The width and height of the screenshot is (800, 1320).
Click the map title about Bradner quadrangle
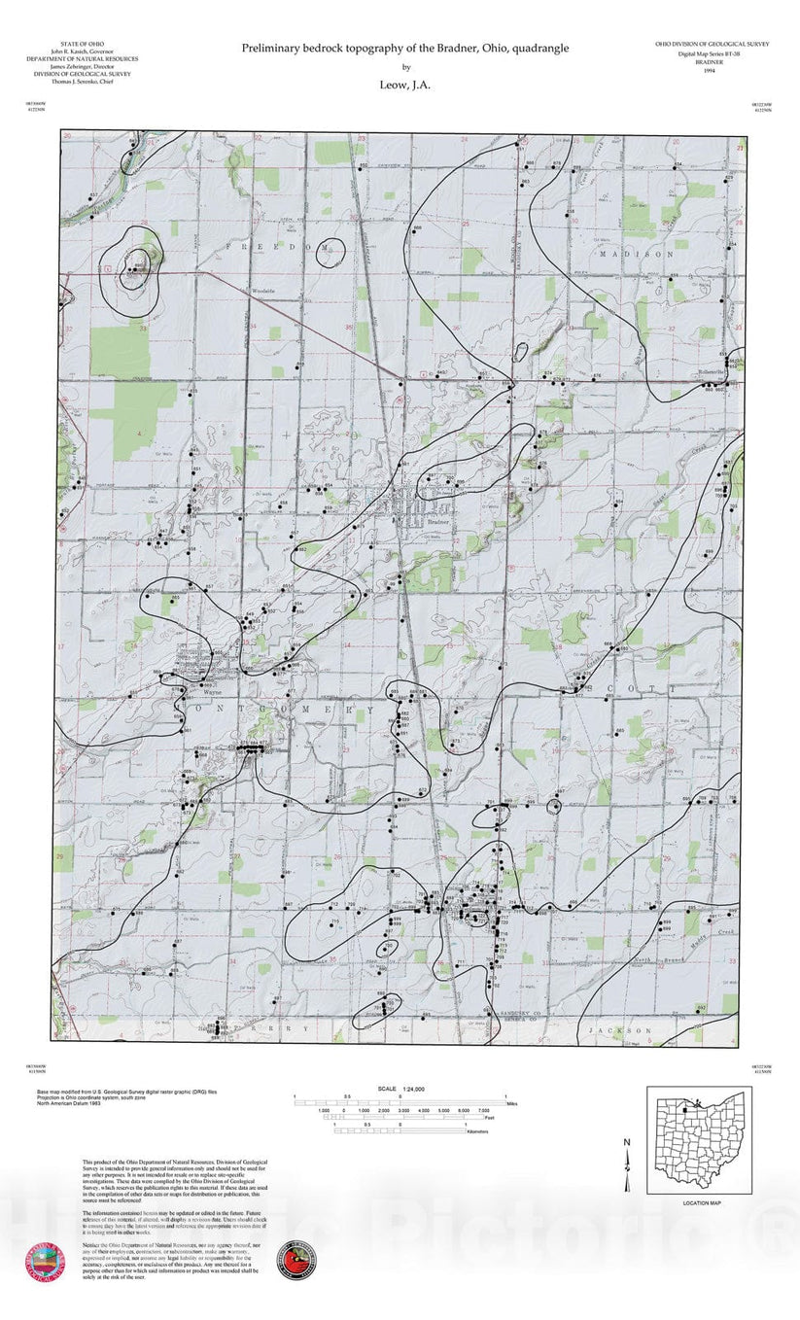405,48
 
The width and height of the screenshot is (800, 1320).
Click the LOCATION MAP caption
700,1203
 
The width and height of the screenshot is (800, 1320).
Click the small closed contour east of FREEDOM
330,253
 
